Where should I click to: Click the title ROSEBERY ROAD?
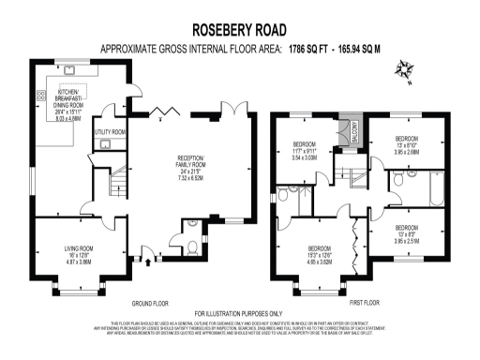[239, 30]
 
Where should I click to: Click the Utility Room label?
[111, 133]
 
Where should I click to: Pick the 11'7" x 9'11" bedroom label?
[304, 153]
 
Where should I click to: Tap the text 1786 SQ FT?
[307, 47]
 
